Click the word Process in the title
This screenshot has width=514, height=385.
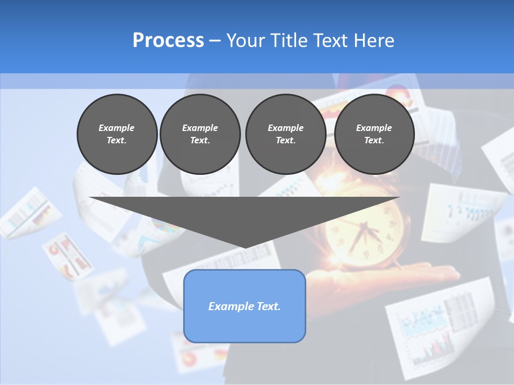click(x=168, y=41)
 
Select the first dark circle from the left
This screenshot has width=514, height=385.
click(x=117, y=134)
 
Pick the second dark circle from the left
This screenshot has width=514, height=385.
click(x=200, y=134)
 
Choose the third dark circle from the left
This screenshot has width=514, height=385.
click(x=285, y=134)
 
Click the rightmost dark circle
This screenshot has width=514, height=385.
click(x=374, y=134)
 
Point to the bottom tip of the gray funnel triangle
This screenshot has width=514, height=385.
click(x=245, y=247)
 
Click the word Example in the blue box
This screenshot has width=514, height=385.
click(x=225, y=306)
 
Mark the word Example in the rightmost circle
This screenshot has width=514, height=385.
click(x=374, y=128)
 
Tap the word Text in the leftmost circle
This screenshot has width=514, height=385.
click(x=117, y=141)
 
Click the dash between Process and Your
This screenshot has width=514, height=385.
click(x=215, y=41)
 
